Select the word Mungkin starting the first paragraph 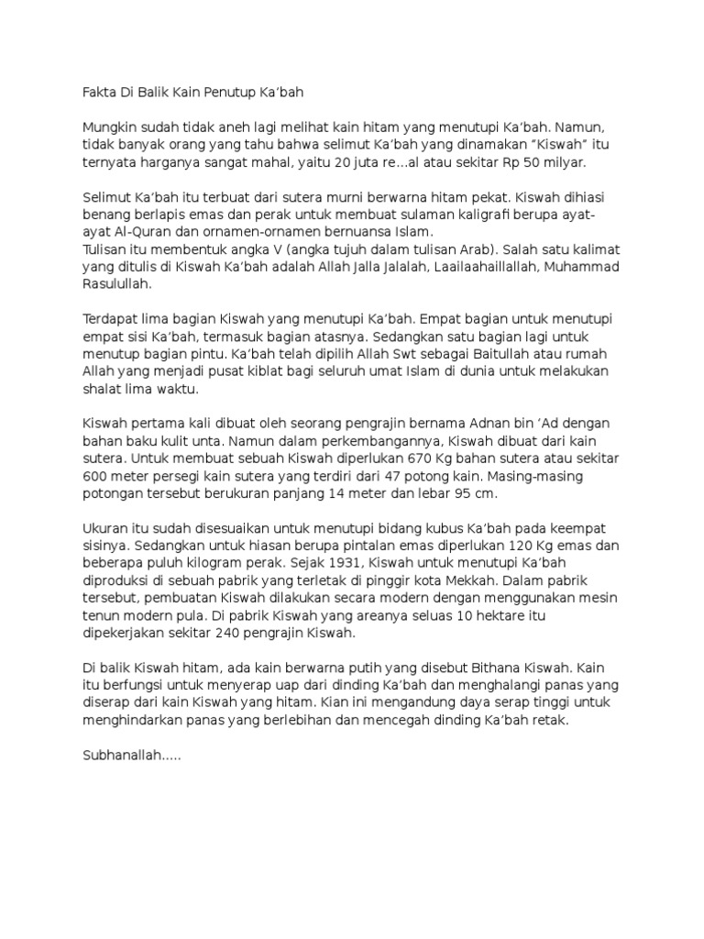(109, 128)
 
